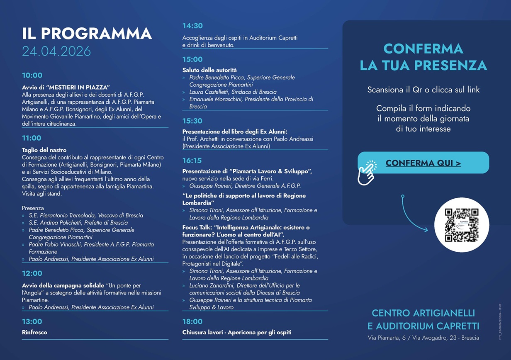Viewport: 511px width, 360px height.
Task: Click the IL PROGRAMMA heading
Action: [87, 34]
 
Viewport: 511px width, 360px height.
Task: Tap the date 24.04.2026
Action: [56, 51]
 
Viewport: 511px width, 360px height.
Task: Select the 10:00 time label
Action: [32, 75]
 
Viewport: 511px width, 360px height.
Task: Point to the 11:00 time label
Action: [32, 138]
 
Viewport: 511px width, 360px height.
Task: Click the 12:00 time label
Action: [32, 273]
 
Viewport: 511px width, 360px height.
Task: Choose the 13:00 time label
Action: [32, 321]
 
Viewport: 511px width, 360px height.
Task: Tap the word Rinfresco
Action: [34, 332]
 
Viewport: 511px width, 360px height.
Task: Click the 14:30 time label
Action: [192, 26]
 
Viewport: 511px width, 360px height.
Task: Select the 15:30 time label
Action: [192, 121]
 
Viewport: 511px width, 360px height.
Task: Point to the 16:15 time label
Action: [192, 161]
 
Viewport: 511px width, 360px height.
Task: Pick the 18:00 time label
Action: [192, 321]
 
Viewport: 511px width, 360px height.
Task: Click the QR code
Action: [462, 225]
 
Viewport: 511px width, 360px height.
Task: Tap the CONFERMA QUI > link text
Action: [423, 163]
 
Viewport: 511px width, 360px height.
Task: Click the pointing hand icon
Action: [367, 172]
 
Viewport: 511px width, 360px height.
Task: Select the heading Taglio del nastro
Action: [44, 150]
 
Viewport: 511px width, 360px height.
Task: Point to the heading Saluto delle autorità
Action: [209, 70]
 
